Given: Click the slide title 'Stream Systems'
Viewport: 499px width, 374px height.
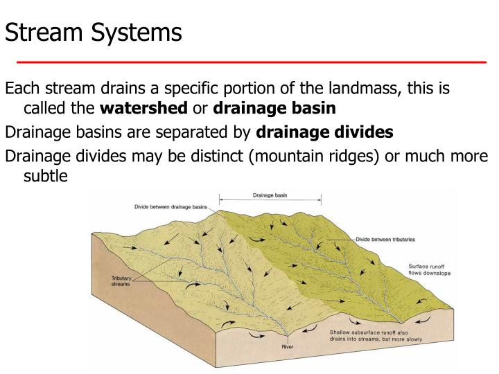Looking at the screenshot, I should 94,32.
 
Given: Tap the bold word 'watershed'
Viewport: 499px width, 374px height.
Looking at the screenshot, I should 143,108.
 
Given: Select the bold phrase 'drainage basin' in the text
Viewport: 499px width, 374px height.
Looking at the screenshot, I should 275,108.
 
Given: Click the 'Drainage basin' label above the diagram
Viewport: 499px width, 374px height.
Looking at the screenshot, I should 270,195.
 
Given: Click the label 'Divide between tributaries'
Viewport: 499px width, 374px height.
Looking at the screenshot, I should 385,240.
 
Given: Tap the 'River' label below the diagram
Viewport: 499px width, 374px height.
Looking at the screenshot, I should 288,346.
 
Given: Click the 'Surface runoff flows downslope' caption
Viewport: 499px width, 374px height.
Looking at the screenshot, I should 427,269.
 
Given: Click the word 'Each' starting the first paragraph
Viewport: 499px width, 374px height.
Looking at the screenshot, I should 20,89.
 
